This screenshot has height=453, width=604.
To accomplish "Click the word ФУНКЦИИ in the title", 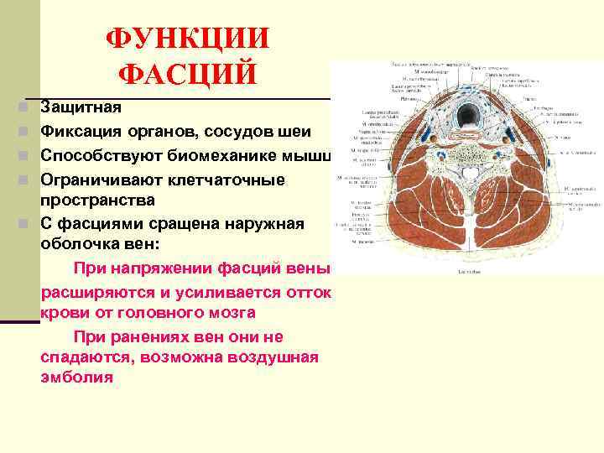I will (188, 39).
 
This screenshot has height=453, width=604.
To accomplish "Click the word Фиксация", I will (82, 132).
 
